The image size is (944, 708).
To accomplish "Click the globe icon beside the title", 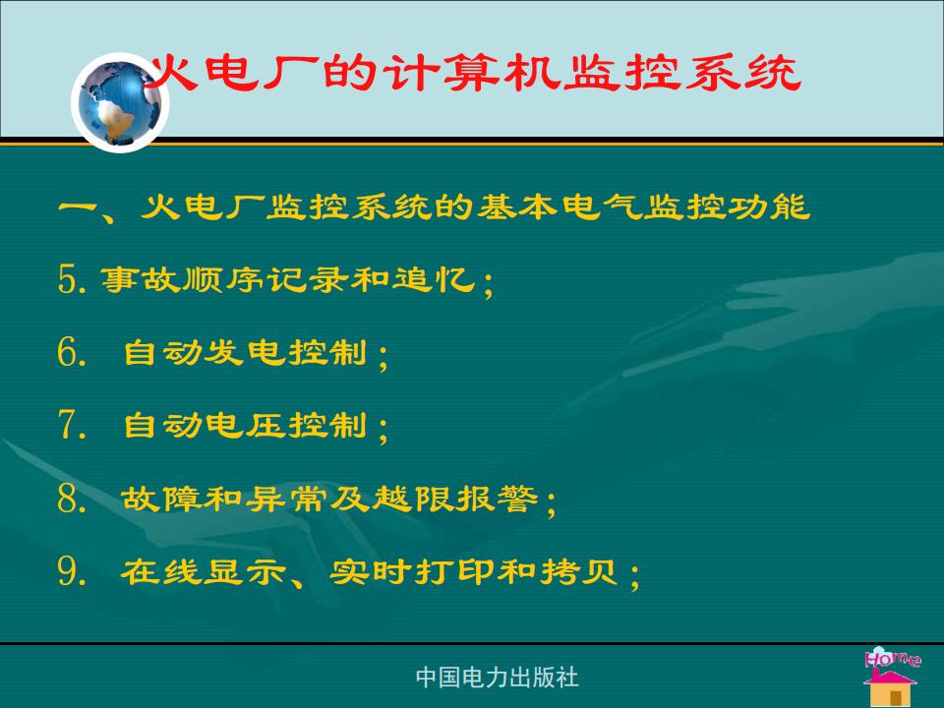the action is [x=120, y=102].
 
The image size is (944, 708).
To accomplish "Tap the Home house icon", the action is [x=892, y=677].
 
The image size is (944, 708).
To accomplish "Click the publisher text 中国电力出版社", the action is [x=497, y=678].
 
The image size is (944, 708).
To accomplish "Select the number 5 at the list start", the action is [x=68, y=279].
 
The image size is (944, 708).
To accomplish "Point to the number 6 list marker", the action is [x=68, y=352].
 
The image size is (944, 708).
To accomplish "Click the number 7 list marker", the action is [x=68, y=425].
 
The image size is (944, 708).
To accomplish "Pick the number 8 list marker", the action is [x=68, y=499].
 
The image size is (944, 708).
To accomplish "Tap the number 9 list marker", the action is [x=68, y=570].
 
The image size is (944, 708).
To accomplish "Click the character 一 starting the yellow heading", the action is [x=78, y=207].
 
